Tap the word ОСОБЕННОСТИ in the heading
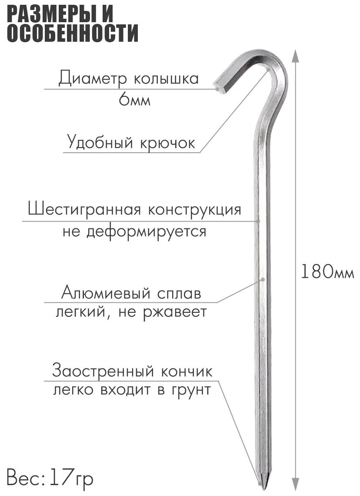[73, 34]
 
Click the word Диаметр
[88, 79]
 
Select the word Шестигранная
[84, 210]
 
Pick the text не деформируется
[134, 231]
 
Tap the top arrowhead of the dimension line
[295, 54]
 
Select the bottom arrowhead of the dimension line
[295, 483]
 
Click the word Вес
[23, 479]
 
